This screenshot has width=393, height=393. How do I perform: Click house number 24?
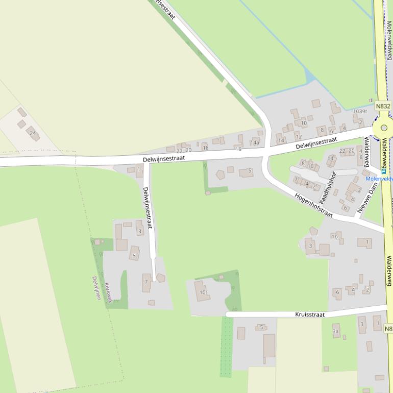pos(33,134)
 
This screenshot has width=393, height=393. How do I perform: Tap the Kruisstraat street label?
pos(310,314)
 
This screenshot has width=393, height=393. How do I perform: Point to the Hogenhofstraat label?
pos(313,205)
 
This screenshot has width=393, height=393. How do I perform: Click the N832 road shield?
pos(383,106)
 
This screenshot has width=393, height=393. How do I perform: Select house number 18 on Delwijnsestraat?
pos(206,148)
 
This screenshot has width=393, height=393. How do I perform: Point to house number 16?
pos(238,149)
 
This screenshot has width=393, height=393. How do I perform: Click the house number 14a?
pos(254,143)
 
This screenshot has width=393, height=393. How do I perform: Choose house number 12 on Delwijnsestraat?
pos(298,137)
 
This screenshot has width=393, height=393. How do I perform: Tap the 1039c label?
pos(360,111)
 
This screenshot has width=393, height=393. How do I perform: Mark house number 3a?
pos(336,332)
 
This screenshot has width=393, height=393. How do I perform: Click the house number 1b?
pos(335,236)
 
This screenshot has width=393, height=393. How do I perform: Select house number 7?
pos(146,281)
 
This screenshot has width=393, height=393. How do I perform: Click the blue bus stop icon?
pos(383,179)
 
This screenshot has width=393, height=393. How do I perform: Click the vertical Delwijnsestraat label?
pos(148,208)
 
